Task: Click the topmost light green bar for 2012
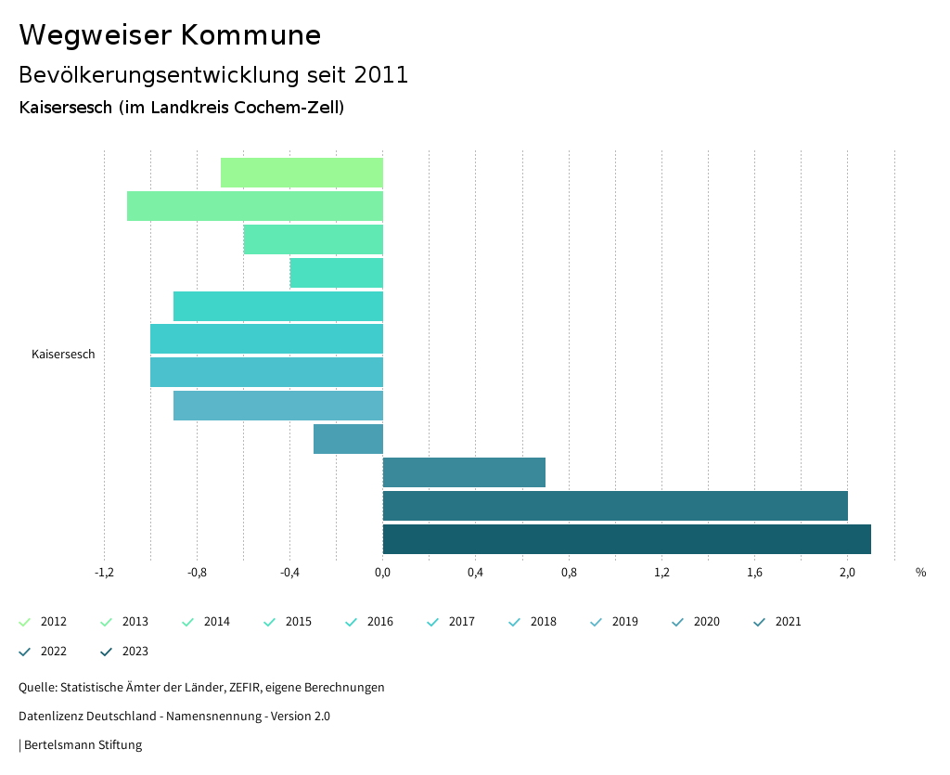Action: tap(302, 173)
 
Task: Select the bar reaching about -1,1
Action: tap(255, 206)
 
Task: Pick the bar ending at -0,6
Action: tap(314, 239)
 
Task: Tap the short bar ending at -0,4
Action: tap(337, 273)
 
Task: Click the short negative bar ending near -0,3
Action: tap(348, 439)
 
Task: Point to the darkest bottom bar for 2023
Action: tap(626, 539)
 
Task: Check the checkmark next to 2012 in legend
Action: tap(25, 622)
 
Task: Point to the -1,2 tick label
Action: tap(104, 573)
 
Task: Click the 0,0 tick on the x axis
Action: tap(382, 573)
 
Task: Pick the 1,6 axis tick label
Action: tap(754, 573)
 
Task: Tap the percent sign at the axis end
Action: tap(920, 573)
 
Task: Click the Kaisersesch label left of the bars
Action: tap(63, 355)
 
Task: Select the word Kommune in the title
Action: tap(250, 35)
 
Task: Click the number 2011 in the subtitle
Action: tap(381, 75)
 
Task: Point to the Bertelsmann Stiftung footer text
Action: tap(83, 745)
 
